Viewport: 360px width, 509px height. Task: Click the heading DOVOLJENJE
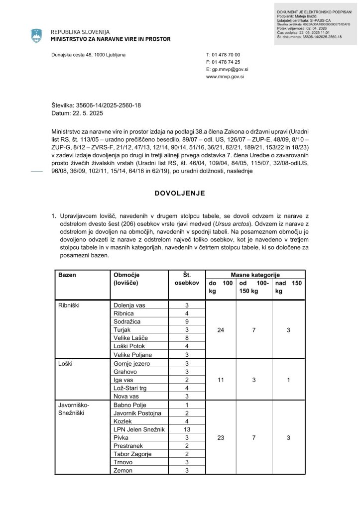tap(180, 193)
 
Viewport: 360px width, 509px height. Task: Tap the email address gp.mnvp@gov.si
tap(228, 70)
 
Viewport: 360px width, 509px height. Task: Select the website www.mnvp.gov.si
tap(225, 77)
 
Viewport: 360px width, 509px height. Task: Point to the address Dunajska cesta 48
tap(88, 54)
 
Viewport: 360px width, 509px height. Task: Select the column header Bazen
tap(67, 275)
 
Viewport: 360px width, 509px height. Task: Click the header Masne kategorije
tap(255, 275)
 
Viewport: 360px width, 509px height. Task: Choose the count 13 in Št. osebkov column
tap(187, 429)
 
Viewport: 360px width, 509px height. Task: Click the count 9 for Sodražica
tap(187, 322)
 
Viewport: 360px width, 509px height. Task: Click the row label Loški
tap(66, 364)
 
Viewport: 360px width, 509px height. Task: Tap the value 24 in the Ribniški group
tap(221, 330)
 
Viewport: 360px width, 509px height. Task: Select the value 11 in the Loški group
tap(221, 380)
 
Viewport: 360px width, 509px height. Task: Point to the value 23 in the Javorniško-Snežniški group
tap(221, 437)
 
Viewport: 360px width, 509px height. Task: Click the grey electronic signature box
tap(316, 24)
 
